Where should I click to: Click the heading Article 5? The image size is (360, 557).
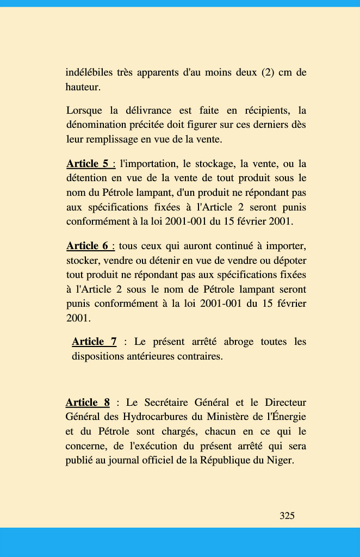87,164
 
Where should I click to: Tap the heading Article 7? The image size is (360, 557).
94,342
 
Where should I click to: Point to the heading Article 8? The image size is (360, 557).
88,403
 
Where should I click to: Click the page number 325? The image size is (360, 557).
287,516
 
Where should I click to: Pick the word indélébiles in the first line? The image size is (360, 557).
89,72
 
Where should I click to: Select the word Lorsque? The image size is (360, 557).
84,111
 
